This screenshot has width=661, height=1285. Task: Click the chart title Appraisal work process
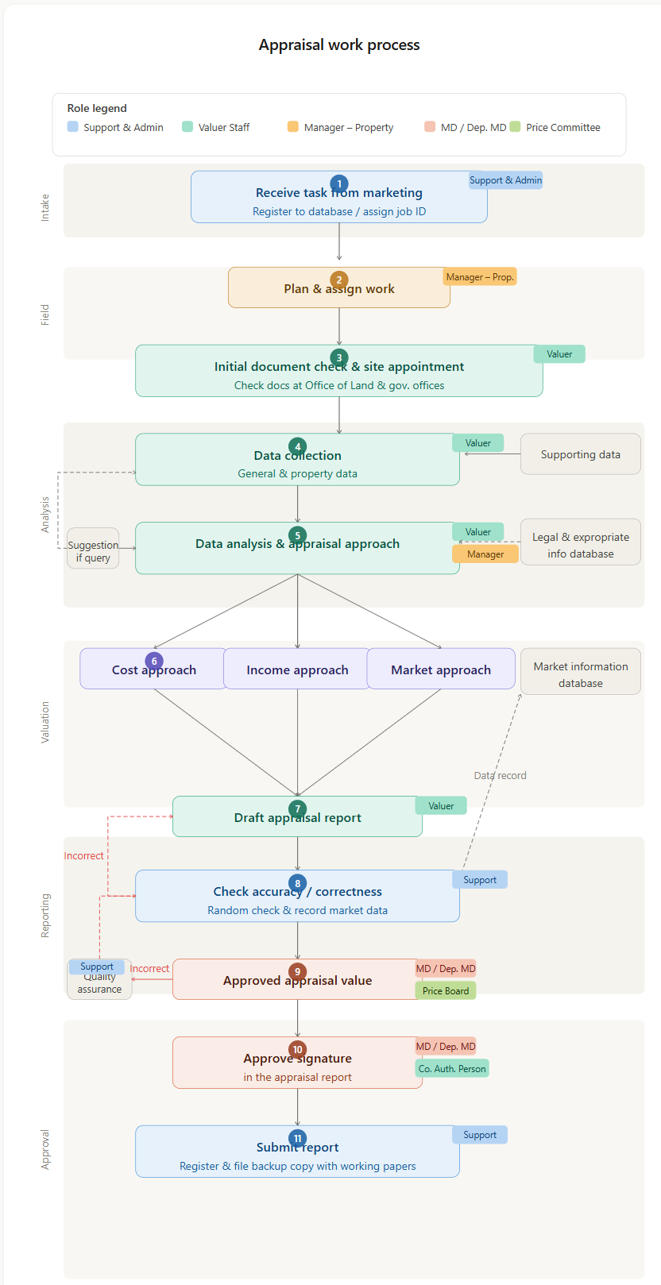[x=339, y=45]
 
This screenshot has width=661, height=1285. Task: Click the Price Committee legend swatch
[x=515, y=126]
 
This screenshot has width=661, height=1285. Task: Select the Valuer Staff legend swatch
[x=187, y=126]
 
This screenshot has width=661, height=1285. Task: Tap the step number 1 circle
[x=339, y=183]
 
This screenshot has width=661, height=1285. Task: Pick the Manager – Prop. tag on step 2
[x=480, y=276]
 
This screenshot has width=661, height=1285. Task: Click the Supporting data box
[x=580, y=454]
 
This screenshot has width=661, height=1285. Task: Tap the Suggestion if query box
[x=93, y=549]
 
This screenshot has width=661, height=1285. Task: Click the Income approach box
[x=297, y=670]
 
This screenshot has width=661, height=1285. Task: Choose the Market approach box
[x=441, y=670]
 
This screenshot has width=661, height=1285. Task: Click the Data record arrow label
[x=500, y=776]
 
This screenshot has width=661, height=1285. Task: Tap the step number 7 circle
[x=298, y=809]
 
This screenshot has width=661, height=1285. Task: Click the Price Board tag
[x=446, y=990]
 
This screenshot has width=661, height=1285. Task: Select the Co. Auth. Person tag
[x=452, y=1068]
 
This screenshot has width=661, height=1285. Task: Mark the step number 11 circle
[x=298, y=1138]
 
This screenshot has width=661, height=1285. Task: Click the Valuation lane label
[x=45, y=722]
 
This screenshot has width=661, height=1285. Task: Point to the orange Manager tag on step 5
[x=485, y=554]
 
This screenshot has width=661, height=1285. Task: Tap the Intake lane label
[x=45, y=207]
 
